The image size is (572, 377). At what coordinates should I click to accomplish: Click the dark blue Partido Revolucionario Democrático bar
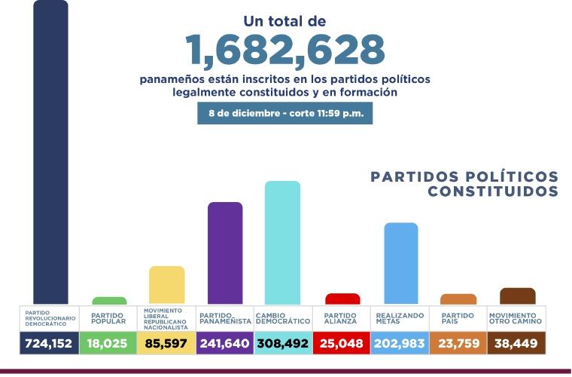coord(50,151)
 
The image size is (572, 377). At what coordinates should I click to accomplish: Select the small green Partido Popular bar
coord(109,300)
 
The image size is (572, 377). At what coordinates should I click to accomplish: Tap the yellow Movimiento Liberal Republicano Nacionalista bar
coord(166,285)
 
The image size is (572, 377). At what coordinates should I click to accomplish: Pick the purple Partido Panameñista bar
coord(224,253)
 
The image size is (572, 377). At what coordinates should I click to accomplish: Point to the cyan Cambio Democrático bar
coord(282,242)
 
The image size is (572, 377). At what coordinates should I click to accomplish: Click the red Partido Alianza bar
coord(342,299)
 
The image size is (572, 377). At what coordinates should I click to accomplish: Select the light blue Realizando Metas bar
coord(400,263)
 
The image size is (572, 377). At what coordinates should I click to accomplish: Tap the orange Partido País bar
coord(458,299)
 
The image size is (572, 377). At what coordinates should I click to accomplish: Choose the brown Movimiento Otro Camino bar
coord(517,296)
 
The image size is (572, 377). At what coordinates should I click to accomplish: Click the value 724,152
coord(50,343)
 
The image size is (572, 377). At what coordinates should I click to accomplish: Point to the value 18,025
coord(108,343)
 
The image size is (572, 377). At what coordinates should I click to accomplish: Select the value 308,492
coord(282,343)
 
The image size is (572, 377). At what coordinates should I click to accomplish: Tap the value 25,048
coord(342,343)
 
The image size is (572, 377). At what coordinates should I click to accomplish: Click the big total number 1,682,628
coord(285,50)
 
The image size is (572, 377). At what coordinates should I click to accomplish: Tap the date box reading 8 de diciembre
coord(285,114)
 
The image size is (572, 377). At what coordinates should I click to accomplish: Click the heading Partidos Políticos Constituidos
coord(464,184)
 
